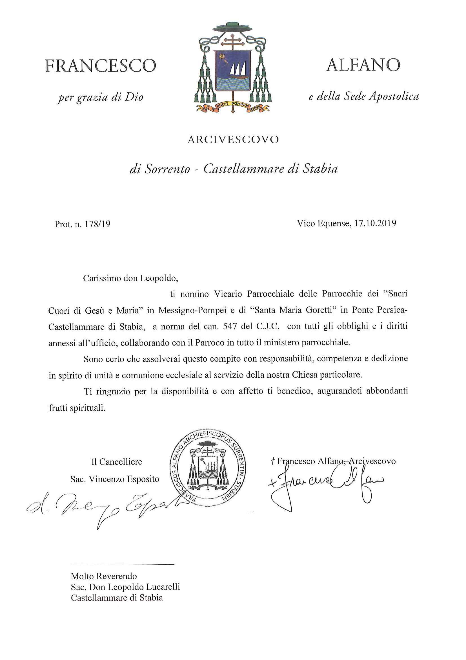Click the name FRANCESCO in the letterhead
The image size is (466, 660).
click(101, 66)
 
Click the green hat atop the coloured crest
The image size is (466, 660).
click(232, 27)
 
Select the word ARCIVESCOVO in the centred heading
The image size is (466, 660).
click(233, 140)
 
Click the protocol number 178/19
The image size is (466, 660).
click(97, 224)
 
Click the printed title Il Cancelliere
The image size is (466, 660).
click(117, 462)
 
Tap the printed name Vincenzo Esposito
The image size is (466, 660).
click(124, 479)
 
